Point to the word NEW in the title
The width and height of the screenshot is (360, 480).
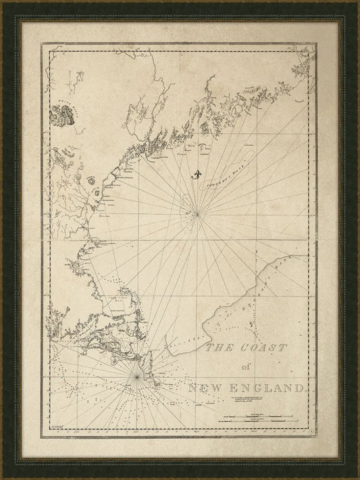(206, 388)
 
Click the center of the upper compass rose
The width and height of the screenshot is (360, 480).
(197, 214)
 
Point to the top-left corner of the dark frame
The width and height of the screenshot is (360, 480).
(2, 2)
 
